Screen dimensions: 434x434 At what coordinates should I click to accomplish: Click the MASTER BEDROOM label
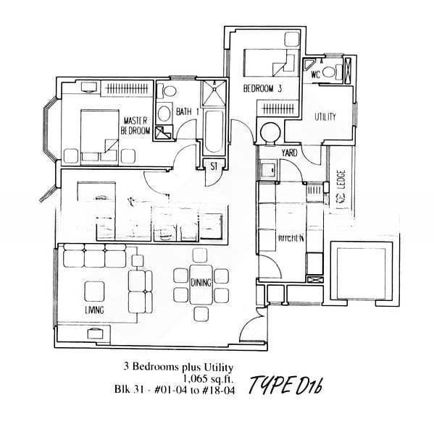135,125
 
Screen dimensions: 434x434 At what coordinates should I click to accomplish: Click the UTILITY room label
325,116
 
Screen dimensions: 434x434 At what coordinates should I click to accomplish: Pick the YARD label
288,153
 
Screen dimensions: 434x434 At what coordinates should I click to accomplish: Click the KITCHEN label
291,238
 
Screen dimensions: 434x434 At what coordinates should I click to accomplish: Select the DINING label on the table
201,283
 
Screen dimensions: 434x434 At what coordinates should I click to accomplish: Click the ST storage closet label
214,167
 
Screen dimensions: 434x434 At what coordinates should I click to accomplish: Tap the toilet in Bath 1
169,94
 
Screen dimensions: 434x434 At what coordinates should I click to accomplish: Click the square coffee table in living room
94,290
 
